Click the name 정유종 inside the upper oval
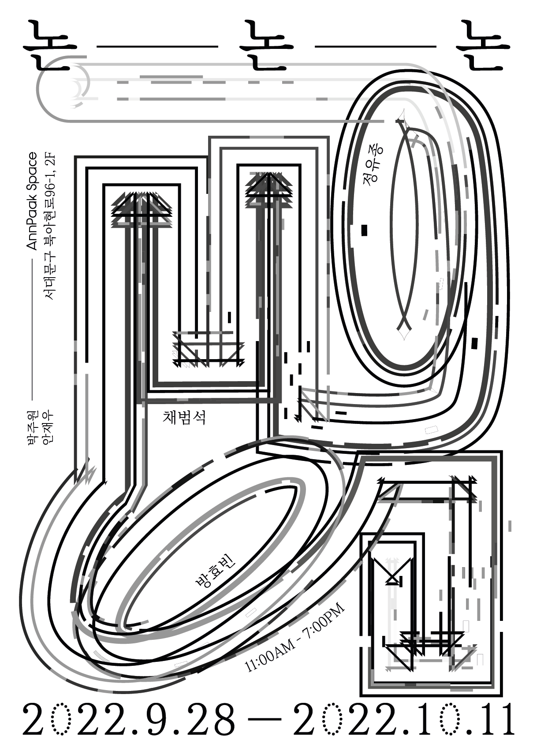point(373,166)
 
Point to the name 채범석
point(184,417)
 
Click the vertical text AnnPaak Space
point(33,201)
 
